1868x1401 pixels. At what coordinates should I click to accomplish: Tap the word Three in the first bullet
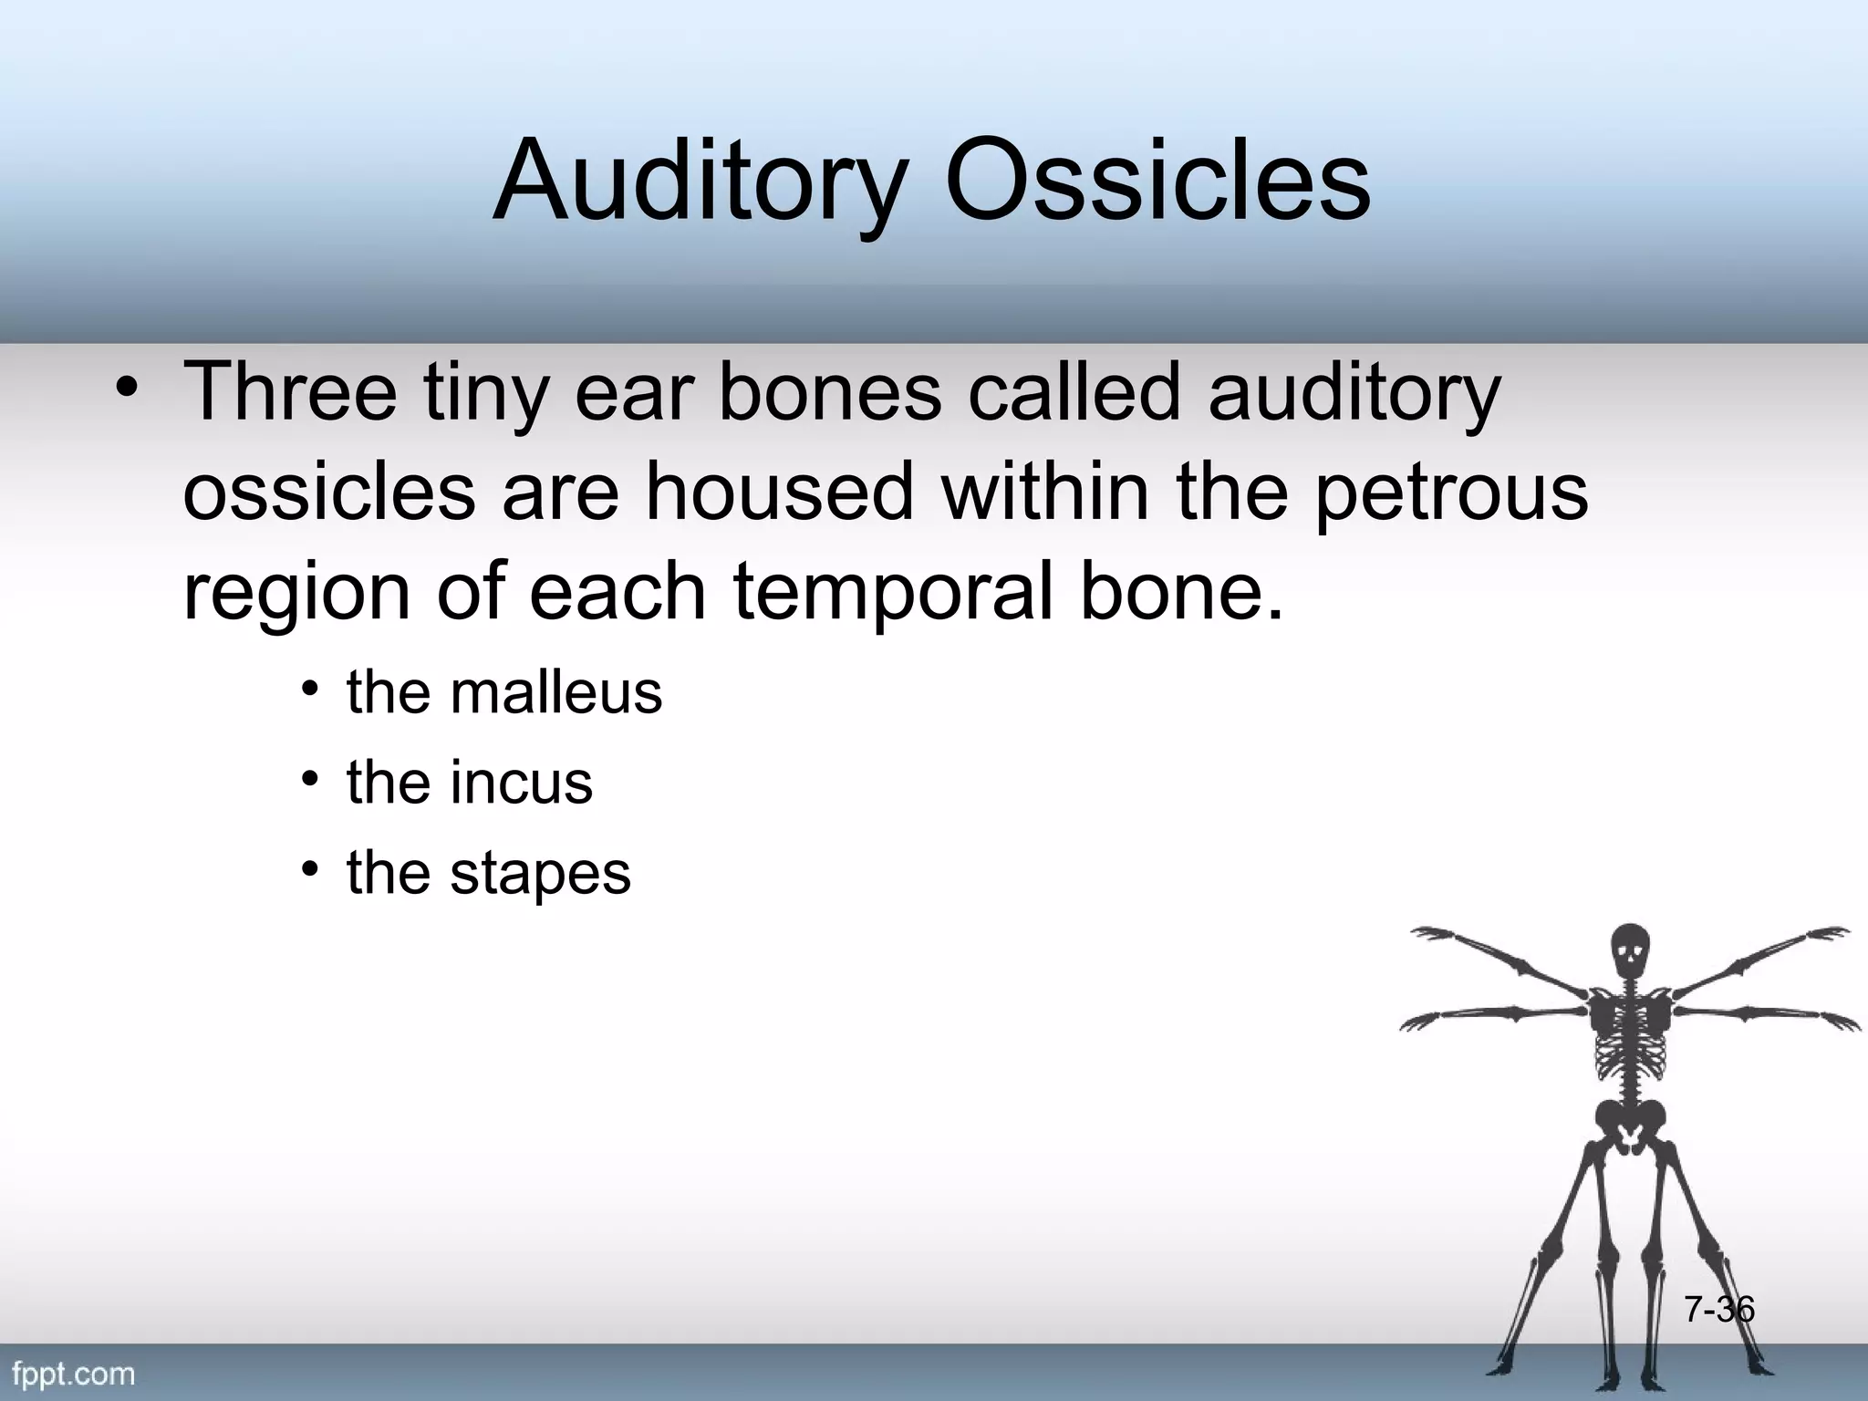click(x=291, y=392)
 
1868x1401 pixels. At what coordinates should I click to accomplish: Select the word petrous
click(x=1451, y=493)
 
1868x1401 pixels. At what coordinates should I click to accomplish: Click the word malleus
click(x=555, y=692)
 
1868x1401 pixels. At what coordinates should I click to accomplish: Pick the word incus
click(x=521, y=783)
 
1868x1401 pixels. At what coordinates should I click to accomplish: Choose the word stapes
click(x=539, y=873)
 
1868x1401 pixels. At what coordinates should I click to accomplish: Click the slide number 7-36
click(x=1718, y=1310)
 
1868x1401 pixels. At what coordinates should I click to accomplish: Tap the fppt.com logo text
click(x=74, y=1374)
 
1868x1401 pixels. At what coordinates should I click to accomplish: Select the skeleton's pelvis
click(x=1630, y=1124)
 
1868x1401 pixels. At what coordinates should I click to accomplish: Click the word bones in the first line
click(x=829, y=392)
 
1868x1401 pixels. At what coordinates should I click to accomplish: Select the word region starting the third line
click(x=296, y=593)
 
